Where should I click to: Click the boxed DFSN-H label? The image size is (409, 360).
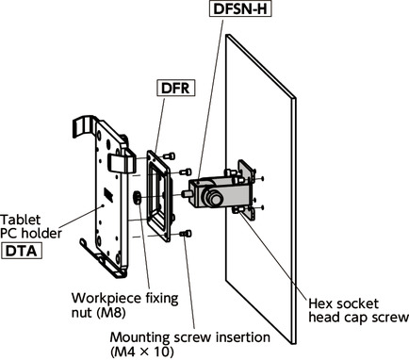click(240, 8)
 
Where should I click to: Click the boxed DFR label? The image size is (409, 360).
click(175, 88)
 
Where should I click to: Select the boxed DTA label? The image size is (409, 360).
click(22, 251)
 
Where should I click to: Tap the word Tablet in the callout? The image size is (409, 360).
click(21, 220)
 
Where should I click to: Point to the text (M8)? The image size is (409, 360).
click(112, 313)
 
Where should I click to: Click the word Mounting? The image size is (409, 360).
click(140, 337)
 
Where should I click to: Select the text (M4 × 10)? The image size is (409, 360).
click(142, 352)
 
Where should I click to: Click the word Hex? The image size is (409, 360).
click(319, 303)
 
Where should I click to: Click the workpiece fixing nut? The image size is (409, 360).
click(138, 198)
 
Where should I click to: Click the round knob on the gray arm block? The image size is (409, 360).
click(213, 197)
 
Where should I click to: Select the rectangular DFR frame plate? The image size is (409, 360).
click(158, 196)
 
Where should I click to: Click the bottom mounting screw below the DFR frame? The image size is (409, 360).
click(186, 234)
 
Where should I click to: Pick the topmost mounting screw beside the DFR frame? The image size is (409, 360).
click(169, 155)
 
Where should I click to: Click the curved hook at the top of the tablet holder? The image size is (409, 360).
click(84, 124)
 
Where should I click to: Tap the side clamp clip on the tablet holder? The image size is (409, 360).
click(122, 163)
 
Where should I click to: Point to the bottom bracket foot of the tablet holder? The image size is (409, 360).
click(104, 257)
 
